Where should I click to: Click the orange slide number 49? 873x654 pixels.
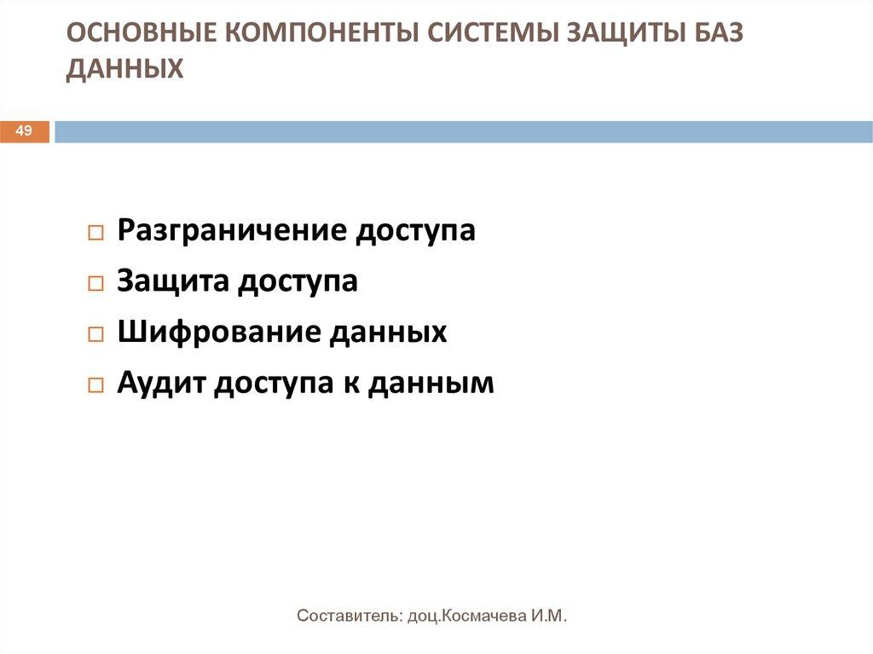[24, 130]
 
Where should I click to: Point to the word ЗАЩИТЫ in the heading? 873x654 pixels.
[612, 34]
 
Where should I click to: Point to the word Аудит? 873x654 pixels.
[159, 382]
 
